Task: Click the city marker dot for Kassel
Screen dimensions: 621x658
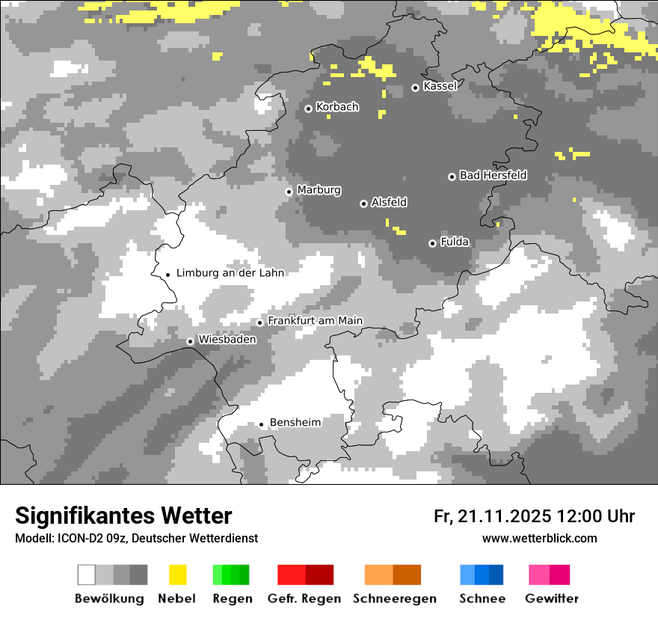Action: coord(416,88)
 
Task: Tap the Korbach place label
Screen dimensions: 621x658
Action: coord(337,107)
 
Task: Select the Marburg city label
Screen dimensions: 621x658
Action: coord(319,190)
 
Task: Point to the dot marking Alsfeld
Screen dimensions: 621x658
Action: coord(363,204)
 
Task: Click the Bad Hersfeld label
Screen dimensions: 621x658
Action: coord(493,175)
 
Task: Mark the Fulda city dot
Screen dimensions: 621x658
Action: coord(432,243)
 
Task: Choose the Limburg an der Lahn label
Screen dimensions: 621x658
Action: coord(230,273)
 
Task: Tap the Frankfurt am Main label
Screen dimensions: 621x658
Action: coord(315,321)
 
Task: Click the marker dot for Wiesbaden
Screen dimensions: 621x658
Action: coord(190,341)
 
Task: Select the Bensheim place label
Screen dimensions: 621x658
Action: coord(295,423)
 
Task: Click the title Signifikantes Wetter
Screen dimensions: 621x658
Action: coord(123,516)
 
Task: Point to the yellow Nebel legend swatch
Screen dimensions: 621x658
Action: coord(177,575)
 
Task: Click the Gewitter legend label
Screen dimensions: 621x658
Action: coord(552,599)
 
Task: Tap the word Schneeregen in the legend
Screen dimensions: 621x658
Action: coord(395,599)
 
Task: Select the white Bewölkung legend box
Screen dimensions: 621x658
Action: coord(86,575)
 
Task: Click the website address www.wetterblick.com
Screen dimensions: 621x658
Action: coord(540,539)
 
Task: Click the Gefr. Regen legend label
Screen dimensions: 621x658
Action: coord(304,599)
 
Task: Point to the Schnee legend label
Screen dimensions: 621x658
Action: coord(482,599)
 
